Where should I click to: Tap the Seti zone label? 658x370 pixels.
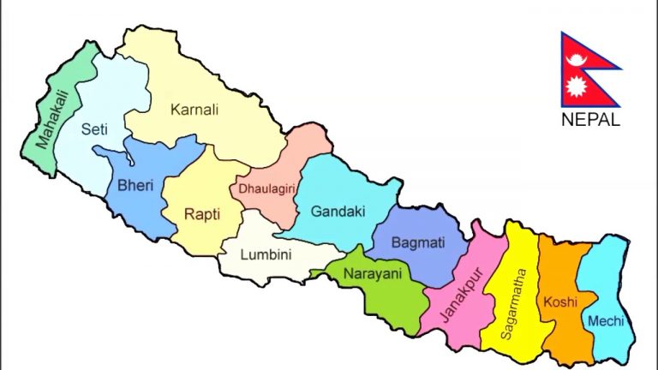click(x=93, y=130)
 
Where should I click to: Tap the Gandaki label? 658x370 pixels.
click(x=338, y=210)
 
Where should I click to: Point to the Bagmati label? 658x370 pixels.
click(x=417, y=243)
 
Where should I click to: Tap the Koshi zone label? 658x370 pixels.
click(x=559, y=302)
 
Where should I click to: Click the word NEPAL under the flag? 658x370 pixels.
click(x=590, y=120)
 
